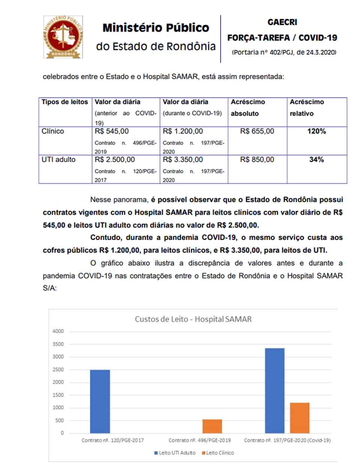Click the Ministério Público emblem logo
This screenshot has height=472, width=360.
point(63,37)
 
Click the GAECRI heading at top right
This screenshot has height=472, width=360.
point(282,23)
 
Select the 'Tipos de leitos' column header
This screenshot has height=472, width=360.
point(64,102)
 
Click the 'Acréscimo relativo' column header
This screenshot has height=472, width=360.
point(306,107)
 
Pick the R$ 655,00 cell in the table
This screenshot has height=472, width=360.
point(257,131)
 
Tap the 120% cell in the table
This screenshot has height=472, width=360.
point(317,131)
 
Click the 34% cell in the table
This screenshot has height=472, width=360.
point(316,160)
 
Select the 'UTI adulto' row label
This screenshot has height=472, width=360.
point(58,160)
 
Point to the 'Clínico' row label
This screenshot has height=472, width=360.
point(53,131)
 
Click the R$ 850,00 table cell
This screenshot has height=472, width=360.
point(257,160)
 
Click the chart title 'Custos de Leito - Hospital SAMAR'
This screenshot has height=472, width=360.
point(193,320)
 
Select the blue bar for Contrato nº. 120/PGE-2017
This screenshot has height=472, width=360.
point(100,401)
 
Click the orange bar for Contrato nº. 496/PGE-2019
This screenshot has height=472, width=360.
point(212,426)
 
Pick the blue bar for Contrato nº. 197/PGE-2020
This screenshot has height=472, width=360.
point(274,391)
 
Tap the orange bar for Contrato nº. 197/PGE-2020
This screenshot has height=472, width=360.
point(300,418)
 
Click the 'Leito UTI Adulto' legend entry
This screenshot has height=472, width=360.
point(175,453)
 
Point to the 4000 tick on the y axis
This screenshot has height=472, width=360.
point(58,331)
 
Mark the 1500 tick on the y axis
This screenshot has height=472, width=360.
point(58,395)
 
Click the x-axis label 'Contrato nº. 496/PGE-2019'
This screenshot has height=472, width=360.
point(199,440)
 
